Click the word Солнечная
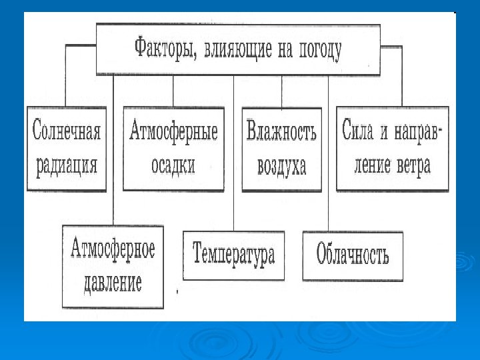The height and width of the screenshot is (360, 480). [x=67, y=131]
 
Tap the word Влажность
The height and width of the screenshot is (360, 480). [x=281, y=131]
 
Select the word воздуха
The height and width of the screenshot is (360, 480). [x=281, y=165]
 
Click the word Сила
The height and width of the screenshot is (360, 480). [x=359, y=129]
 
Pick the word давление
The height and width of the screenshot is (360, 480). [x=113, y=283]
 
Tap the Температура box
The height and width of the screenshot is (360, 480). [x=233, y=255]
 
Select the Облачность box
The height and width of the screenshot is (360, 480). [x=353, y=255]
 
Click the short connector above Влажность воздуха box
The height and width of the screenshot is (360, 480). [x=282, y=91]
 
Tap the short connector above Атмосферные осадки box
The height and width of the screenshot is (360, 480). [x=173, y=91]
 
